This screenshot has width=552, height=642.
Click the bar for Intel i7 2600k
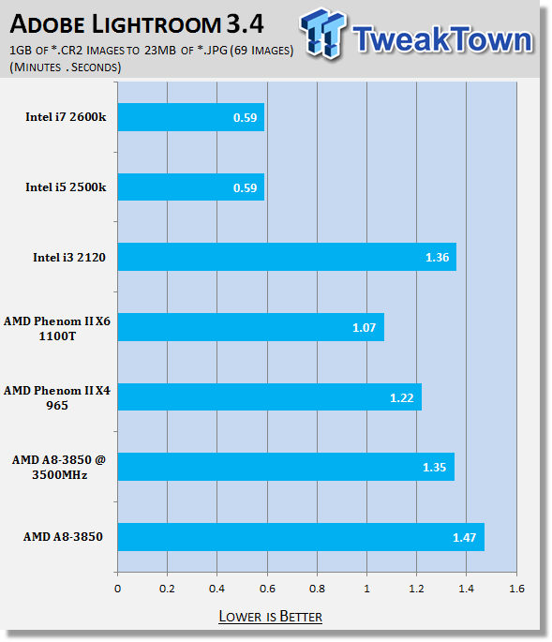[191, 117]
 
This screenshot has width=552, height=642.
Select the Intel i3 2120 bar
[287, 257]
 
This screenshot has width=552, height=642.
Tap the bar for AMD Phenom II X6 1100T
[251, 327]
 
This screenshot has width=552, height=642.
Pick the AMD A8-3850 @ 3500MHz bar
[286, 467]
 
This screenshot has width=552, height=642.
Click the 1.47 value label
[464, 537]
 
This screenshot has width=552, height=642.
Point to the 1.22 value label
[402, 397]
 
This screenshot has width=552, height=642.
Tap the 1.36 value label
[438, 257]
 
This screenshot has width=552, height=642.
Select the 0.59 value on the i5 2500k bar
[245, 188]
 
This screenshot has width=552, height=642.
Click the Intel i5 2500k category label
[66, 187]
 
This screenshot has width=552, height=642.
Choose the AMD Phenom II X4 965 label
[57, 397]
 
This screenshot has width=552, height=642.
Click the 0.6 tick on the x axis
[267, 589]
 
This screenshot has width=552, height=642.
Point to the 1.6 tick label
[516, 589]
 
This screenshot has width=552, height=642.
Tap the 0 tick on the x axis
[117, 589]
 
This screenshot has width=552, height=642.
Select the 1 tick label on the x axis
[367, 589]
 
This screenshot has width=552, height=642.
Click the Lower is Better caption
[270, 616]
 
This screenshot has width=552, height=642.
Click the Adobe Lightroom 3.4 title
[137, 24]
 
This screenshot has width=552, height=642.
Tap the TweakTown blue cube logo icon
[323, 33]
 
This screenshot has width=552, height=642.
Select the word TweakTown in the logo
[442, 39]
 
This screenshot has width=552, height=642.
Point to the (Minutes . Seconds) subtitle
[66, 67]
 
